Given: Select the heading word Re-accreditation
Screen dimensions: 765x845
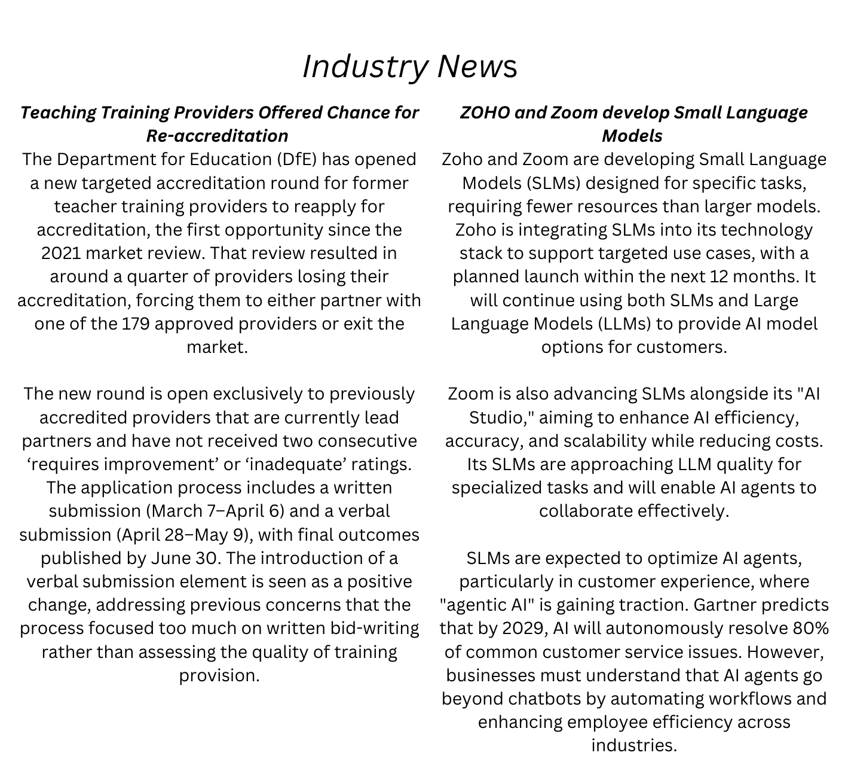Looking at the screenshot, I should pyautogui.click(x=218, y=136).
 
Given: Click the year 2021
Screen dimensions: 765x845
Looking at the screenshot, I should pyautogui.click(x=62, y=253).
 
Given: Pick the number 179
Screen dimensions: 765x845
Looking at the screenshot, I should pyautogui.click(x=136, y=324).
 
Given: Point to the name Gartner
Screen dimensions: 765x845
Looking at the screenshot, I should pyautogui.click(x=728, y=605).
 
